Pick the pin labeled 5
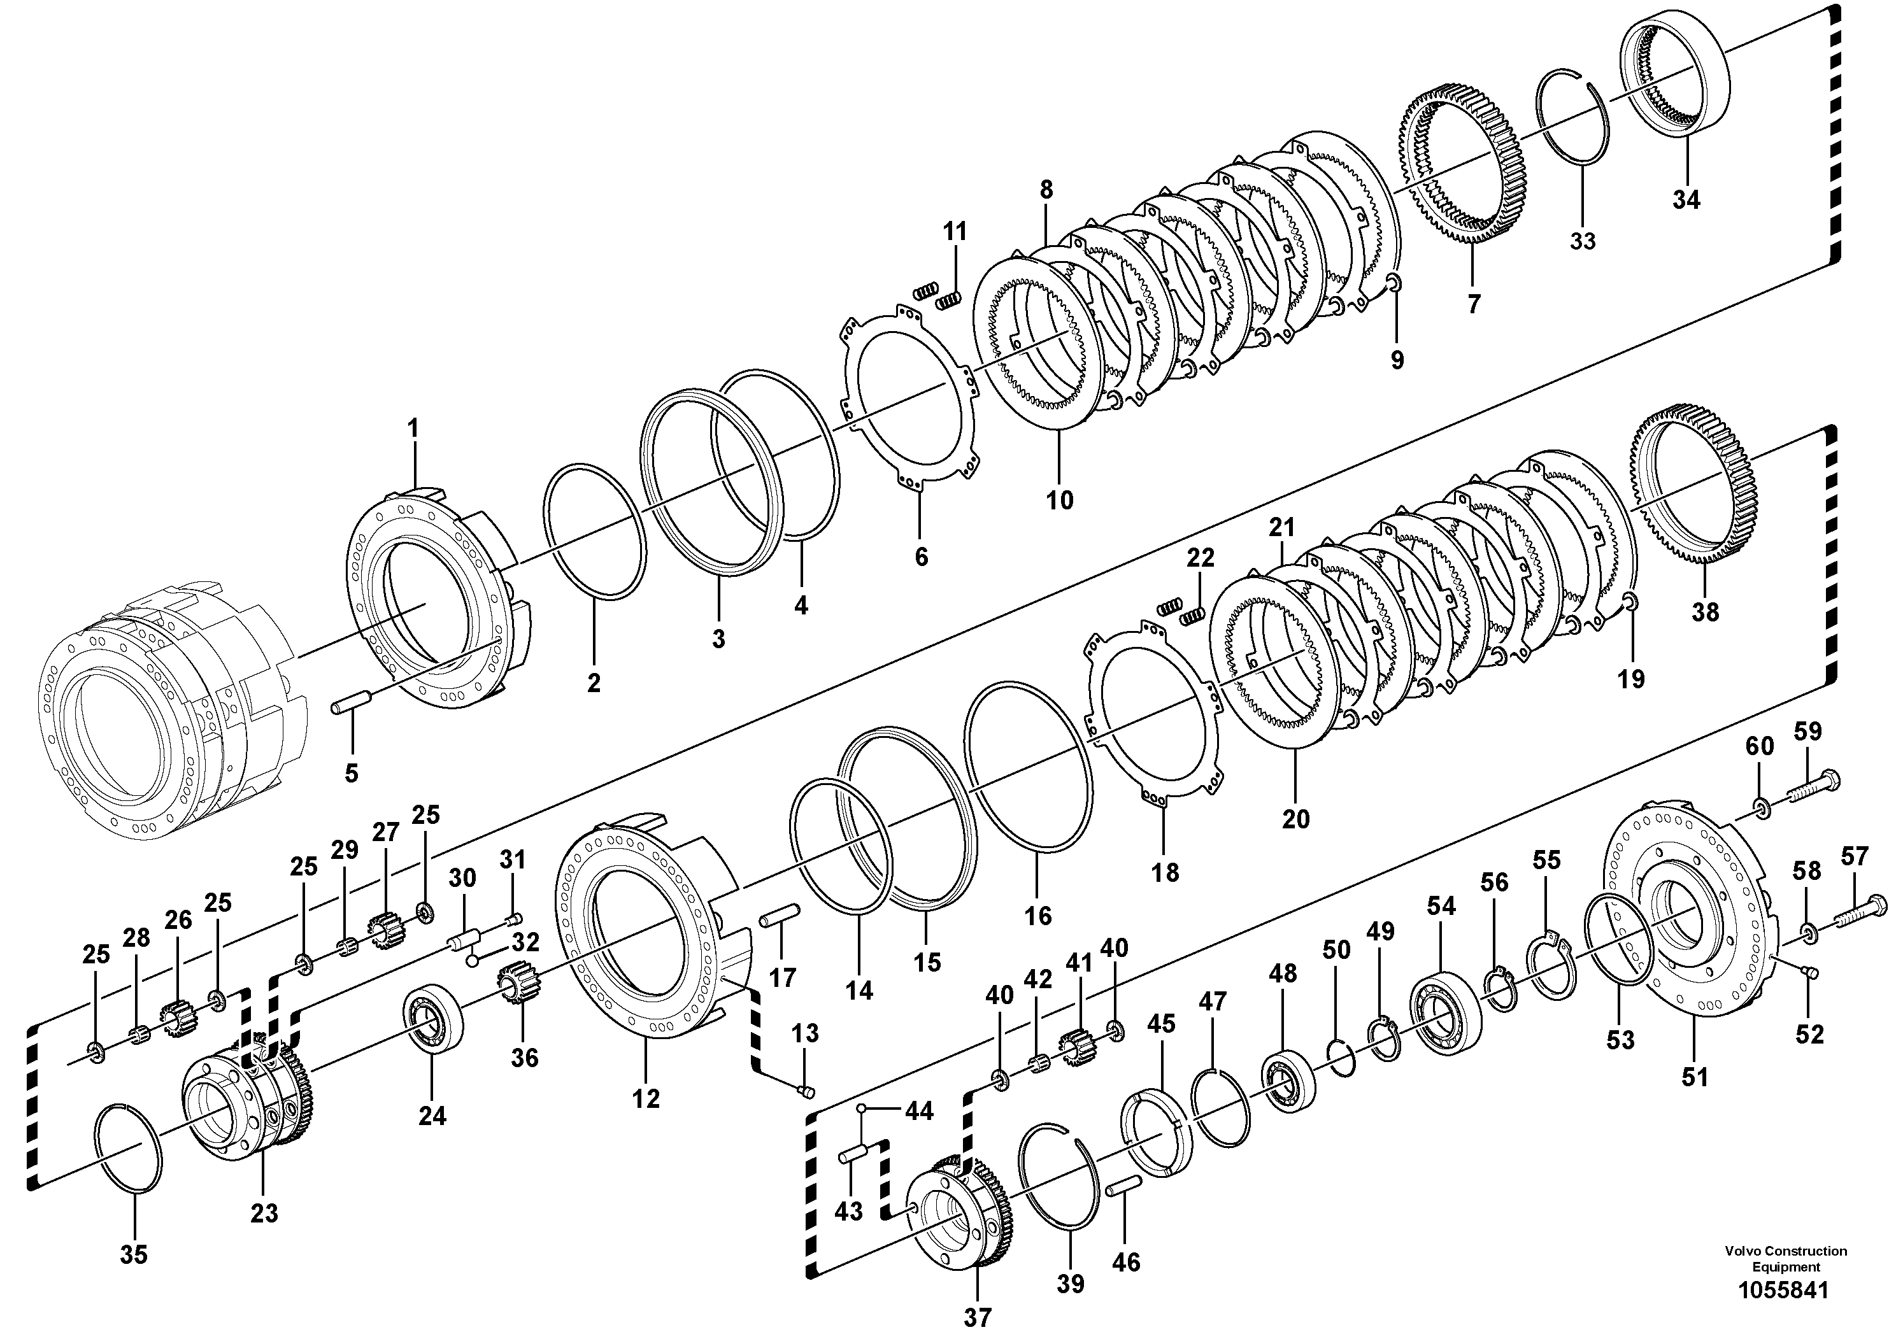pyautogui.click(x=353, y=707)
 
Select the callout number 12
pyautogui.click(x=646, y=1099)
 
